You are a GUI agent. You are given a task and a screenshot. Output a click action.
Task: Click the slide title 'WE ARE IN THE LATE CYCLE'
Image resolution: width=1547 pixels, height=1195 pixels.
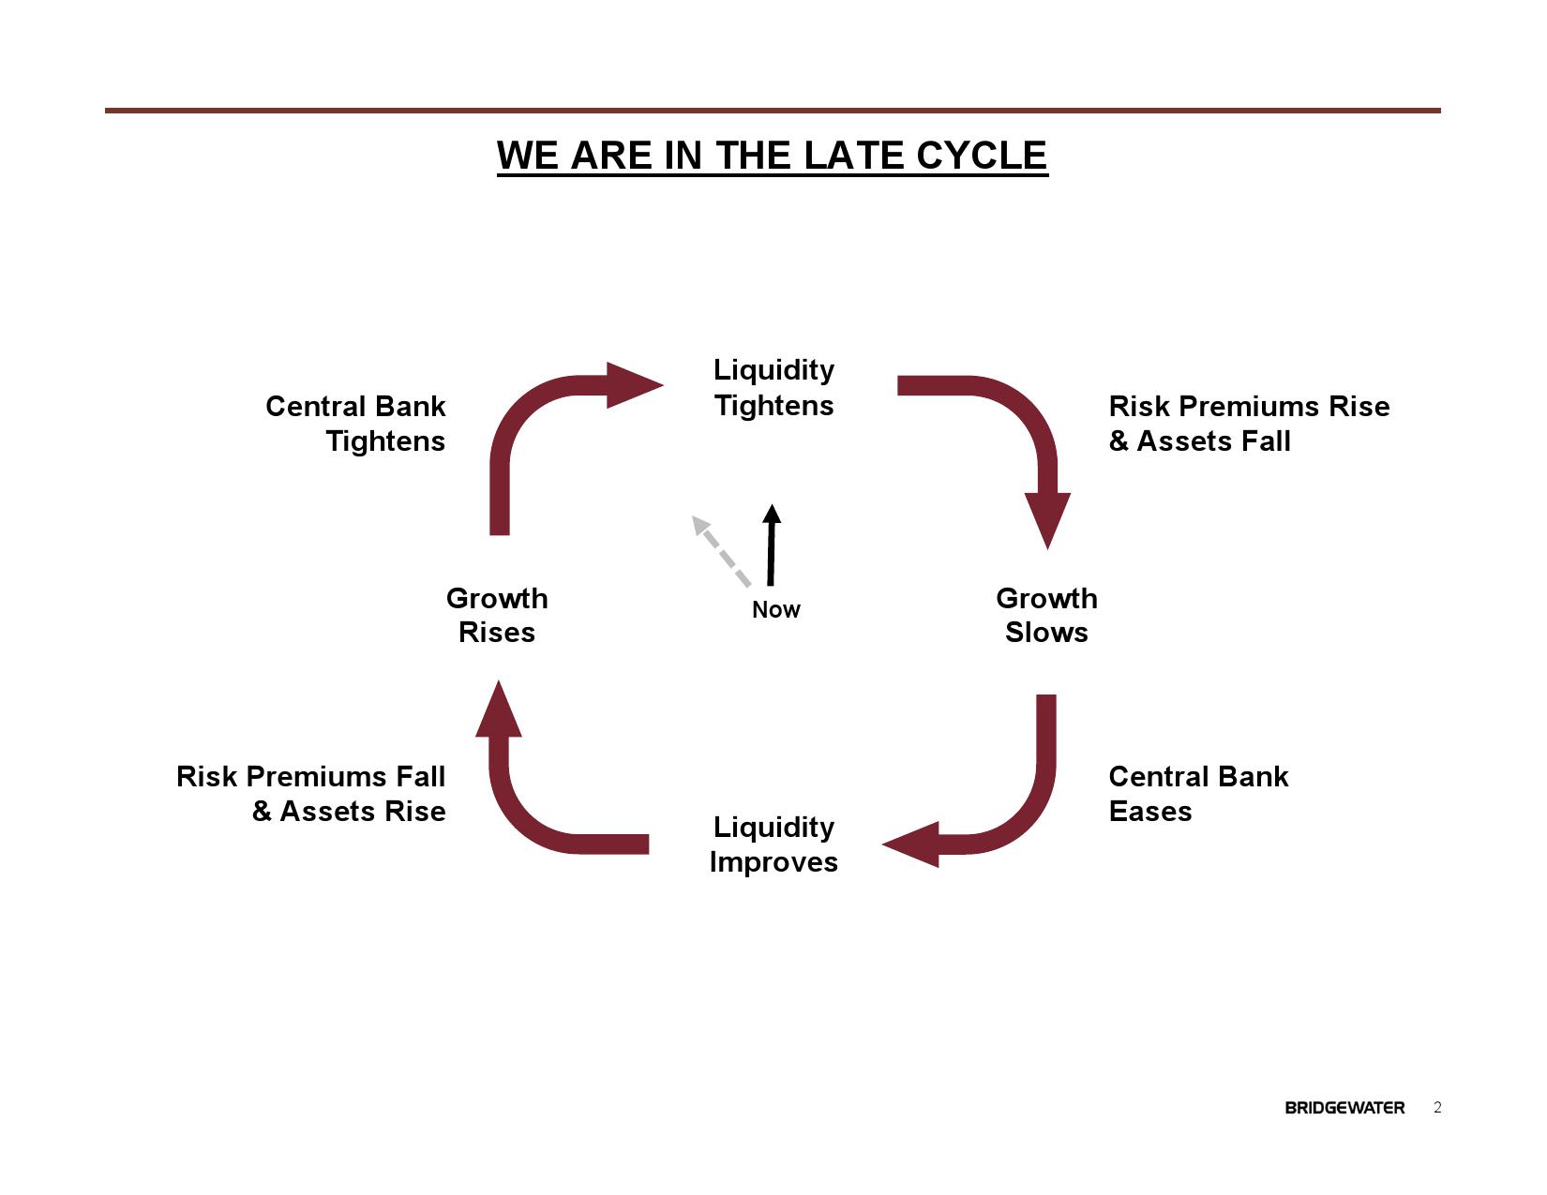772,156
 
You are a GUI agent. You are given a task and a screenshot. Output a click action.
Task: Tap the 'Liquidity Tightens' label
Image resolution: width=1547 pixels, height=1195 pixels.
773,387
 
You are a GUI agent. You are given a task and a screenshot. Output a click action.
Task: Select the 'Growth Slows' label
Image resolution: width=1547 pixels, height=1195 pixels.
1046,615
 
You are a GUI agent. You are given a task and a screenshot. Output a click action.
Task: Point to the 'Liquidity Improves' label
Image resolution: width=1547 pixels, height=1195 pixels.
773,844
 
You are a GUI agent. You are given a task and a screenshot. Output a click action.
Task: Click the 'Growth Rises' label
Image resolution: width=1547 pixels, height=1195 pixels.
497,615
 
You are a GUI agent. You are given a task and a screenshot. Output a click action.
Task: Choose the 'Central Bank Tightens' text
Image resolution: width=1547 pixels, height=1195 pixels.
356,424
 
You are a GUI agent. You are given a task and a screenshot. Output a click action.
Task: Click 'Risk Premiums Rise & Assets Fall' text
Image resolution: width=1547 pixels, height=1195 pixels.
1248,424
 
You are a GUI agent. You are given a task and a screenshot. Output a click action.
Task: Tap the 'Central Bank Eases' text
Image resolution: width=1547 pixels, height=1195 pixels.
1197,794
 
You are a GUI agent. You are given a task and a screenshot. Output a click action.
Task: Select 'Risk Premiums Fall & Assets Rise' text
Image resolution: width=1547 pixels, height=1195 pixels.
311,794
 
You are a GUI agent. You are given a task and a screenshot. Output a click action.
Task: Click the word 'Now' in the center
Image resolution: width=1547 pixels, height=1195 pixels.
776,610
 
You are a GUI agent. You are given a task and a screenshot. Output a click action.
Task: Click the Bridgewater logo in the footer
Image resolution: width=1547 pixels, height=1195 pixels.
1344,1108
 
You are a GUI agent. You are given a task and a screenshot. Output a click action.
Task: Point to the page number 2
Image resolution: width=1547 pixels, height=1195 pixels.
1437,1108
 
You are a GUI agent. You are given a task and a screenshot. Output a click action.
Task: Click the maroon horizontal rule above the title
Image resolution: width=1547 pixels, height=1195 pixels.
772,111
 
